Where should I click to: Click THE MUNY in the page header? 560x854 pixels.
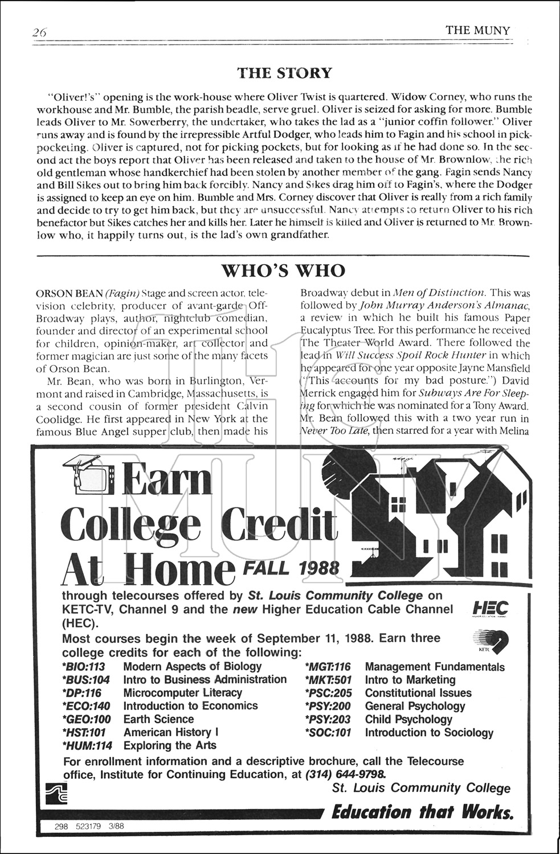tap(477, 30)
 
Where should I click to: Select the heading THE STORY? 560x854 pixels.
tap(284, 73)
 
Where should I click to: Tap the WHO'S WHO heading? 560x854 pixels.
tap(283, 270)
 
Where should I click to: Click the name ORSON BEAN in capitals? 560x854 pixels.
tap(69, 293)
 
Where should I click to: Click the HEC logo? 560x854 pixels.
tap(490, 610)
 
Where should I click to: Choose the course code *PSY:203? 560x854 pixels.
tap(328, 720)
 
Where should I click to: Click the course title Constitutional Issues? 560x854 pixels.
tap(418, 693)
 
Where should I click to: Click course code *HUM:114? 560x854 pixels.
tap(87, 745)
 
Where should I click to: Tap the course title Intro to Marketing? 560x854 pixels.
tap(410, 680)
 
